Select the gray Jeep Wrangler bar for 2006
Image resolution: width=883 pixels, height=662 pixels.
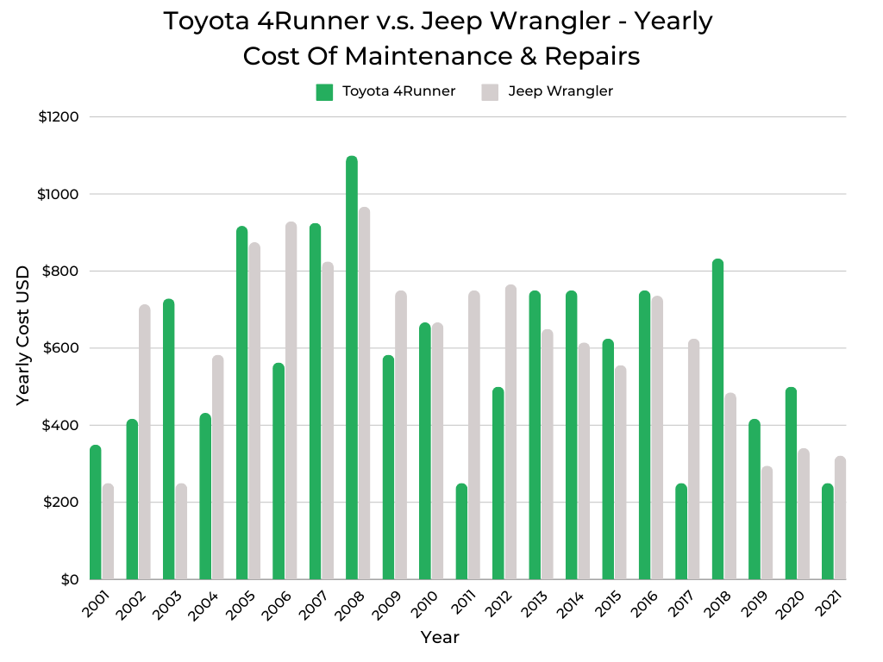point(291,401)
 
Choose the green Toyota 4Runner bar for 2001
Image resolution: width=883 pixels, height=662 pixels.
point(95,512)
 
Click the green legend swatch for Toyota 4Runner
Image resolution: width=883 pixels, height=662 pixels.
point(324,92)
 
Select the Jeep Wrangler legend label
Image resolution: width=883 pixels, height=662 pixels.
point(560,91)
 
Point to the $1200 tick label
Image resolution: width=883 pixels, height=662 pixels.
point(59,117)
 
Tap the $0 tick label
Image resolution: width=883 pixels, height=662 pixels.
point(70,579)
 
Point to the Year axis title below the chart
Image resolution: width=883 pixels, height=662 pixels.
point(440,638)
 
